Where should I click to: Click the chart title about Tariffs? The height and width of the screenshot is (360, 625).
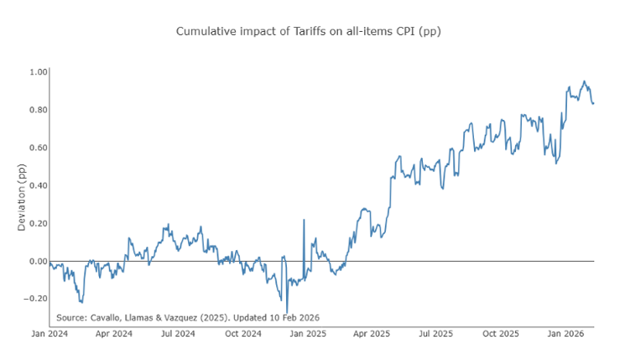click(308, 31)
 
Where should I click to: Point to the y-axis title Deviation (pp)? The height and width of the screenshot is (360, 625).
click(23, 198)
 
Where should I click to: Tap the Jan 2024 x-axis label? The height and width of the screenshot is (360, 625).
click(49, 334)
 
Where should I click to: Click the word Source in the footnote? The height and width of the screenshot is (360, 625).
click(72, 317)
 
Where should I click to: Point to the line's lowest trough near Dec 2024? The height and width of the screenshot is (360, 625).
click(287, 313)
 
